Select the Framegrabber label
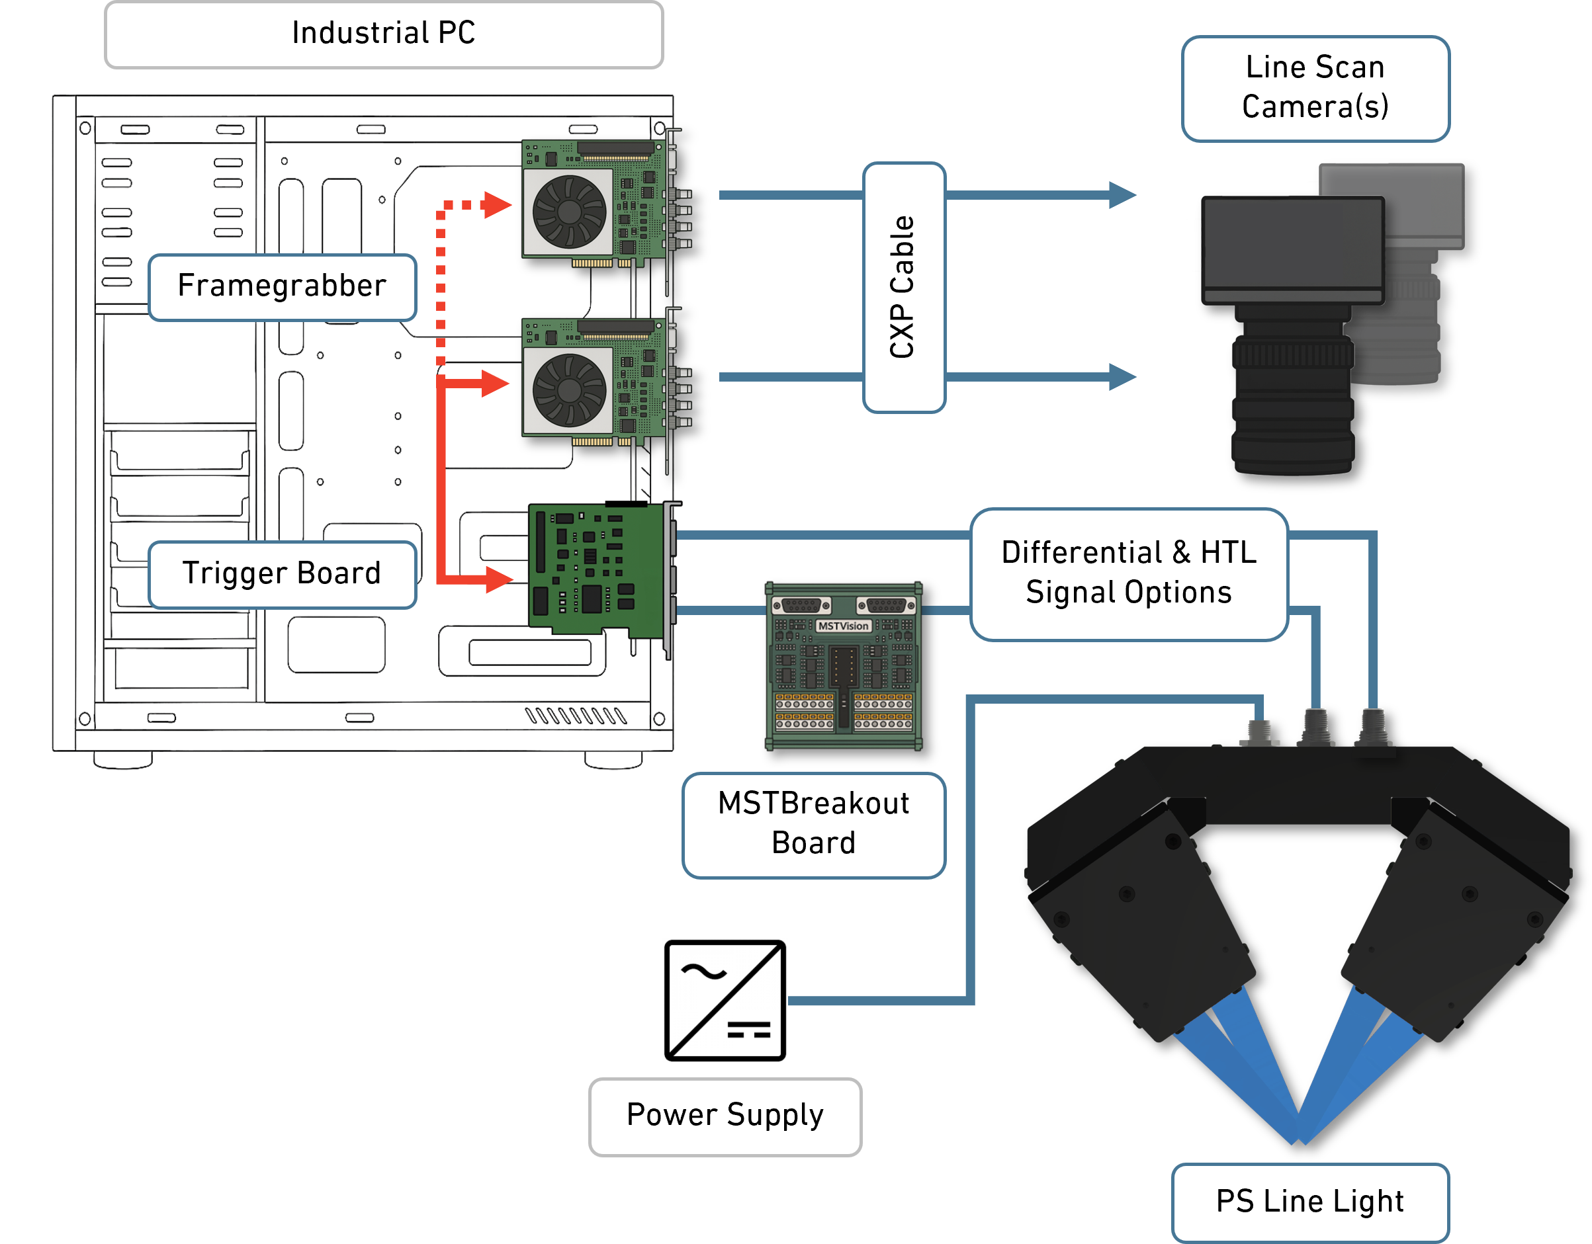point(282,286)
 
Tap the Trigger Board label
point(282,574)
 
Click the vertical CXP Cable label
point(903,288)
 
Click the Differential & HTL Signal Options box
point(1128,573)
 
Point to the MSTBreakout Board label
point(813,824)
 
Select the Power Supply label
point(725,1116)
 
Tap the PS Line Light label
point(1309,1201)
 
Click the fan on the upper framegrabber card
point(568,212)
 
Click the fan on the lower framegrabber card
point(568,391)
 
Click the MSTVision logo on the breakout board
point(843,626)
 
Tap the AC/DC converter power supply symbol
point(725,1000)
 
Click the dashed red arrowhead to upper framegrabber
point(496,205)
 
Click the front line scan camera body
point(1292,250)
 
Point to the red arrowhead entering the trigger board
point(499,580)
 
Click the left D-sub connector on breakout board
point(801,605)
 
